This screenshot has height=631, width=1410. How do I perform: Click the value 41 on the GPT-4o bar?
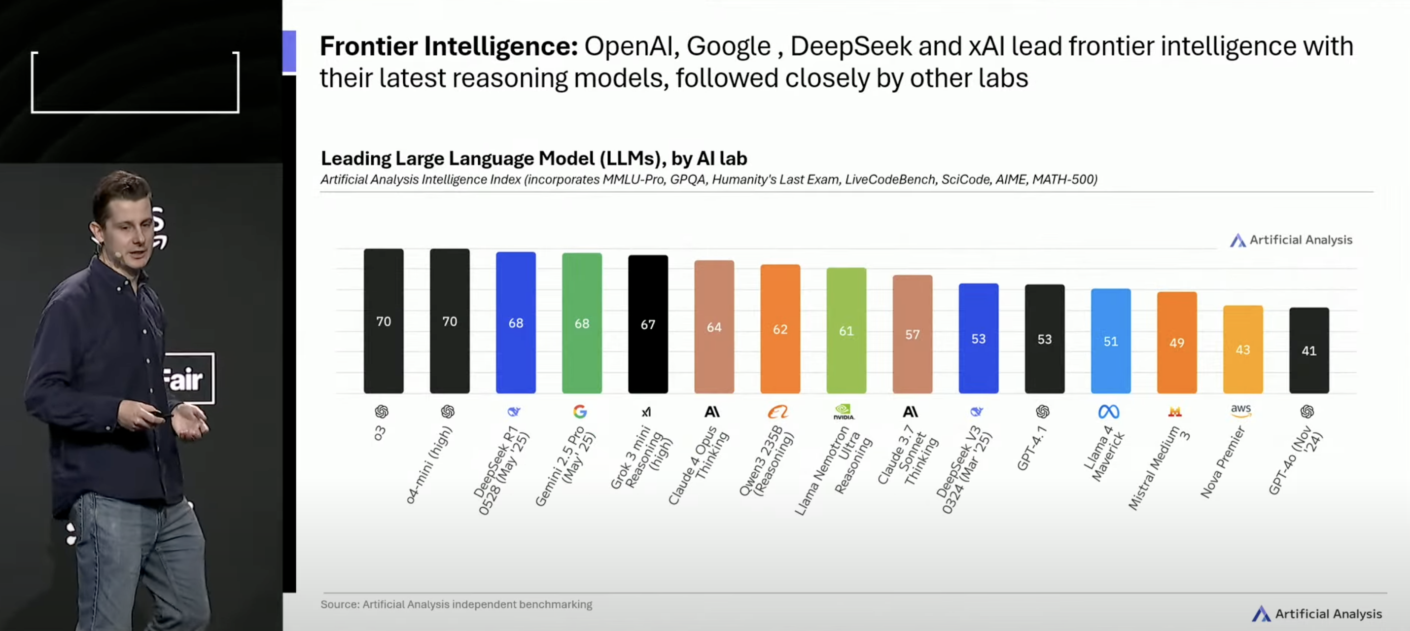pos(1309,351)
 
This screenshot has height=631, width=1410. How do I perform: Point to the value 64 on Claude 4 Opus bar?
pos(714,327)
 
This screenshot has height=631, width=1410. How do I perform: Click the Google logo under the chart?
pos(580,412)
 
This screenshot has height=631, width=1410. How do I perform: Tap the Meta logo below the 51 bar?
pos(1109,412)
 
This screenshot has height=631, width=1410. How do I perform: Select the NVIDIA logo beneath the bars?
pos(844,412)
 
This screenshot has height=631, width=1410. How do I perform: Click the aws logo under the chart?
pos(1241,411)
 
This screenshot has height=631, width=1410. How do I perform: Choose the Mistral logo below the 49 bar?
pos(1175,412)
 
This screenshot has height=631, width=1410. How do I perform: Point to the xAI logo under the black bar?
pos(646,412)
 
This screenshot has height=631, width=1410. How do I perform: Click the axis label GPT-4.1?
pos(1032,449)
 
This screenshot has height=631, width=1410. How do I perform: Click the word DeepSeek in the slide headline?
pos(850,46)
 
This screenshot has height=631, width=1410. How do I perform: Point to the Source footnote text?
pos(456,604)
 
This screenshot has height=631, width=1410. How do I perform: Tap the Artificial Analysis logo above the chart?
pos(1291,240)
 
